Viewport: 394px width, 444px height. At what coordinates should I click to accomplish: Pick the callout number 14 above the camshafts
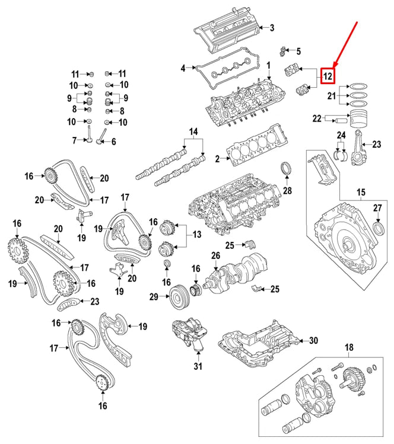193,131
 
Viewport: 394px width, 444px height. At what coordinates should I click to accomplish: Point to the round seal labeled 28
287,169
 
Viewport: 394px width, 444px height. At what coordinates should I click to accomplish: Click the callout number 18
348,347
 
